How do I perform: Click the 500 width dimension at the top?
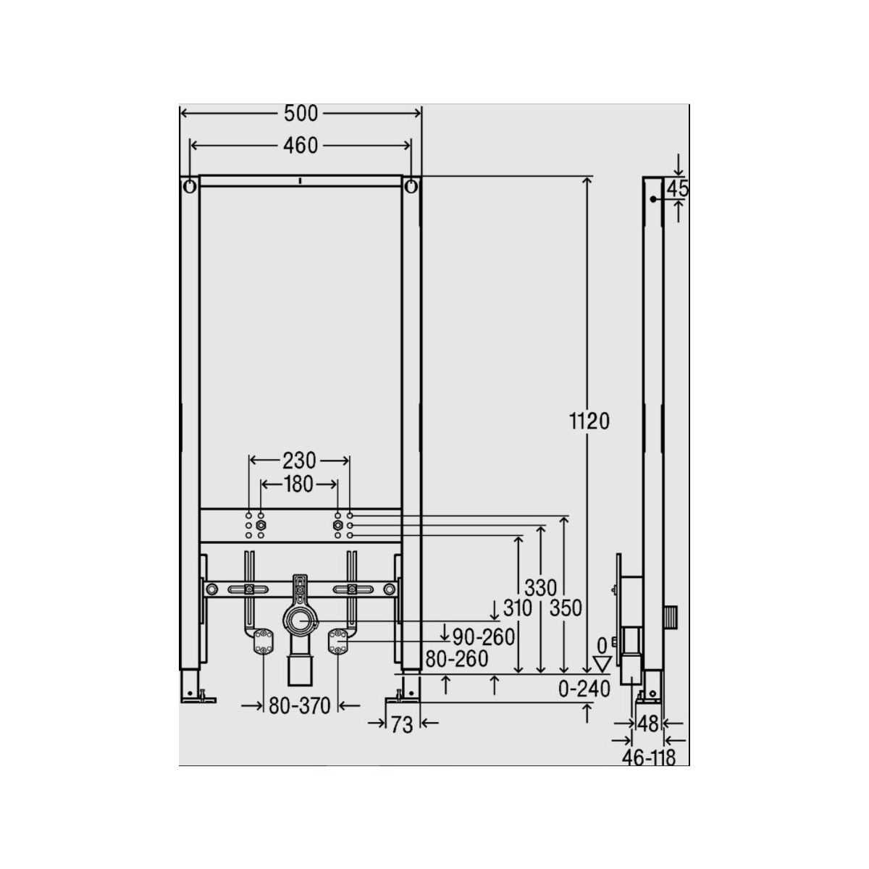pos(301,114)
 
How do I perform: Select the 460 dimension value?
pos(301,146)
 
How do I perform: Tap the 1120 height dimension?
pos(589,421)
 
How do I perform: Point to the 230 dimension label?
pos(299,461)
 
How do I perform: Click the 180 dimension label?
pos(299,484)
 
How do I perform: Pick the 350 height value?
pos(566,608)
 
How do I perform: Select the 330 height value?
pos(541,588)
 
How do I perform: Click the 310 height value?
pos(517,608)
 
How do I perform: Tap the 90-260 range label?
pos(484,637)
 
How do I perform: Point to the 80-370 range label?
pos(300,706)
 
